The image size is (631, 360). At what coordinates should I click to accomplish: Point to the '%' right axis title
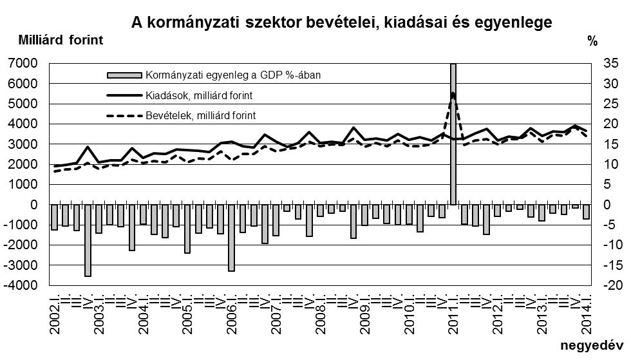click(x=592, y=42)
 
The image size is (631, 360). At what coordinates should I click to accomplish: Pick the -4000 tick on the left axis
click(x=23, y=285)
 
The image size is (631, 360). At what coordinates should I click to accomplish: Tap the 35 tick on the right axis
click(x=610, y=63)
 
